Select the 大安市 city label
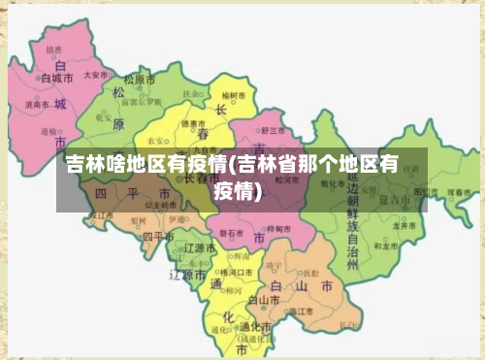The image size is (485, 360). pyautogui.click(x=95, y=74)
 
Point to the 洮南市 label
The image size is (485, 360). pyautogui.click(x=38, y=104)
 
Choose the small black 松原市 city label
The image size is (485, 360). pyautogui.click(x=142, y=80)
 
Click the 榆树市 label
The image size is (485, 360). pyautogui.click(x=235, y=96)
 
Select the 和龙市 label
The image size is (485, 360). pyautogui.click(x=387, y=246)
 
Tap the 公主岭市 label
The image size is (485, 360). pyautogui.click(x=161, y=206)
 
